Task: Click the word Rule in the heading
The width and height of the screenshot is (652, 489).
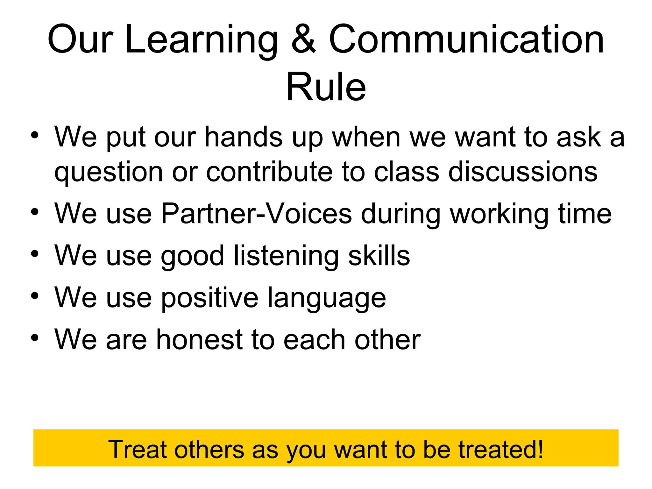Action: point(326,87)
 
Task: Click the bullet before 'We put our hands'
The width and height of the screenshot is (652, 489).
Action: point(35,135)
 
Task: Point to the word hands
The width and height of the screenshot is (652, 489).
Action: point(244,137)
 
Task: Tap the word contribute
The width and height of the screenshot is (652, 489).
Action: point(269,172)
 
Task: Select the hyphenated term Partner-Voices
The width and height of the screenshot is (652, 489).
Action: point(256,214)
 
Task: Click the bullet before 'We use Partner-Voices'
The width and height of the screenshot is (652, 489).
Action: point(35,212)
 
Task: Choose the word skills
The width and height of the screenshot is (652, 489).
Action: point(379,256)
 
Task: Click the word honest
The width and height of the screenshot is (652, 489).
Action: point(199,340)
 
